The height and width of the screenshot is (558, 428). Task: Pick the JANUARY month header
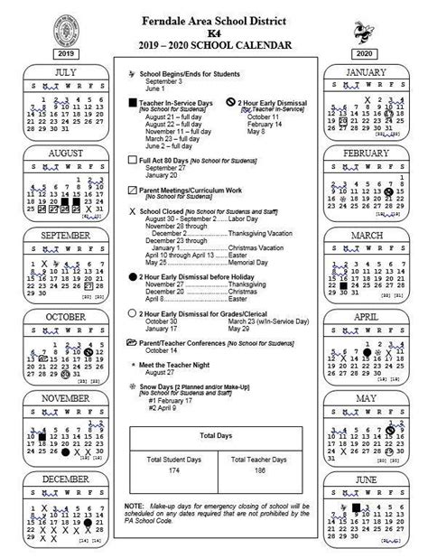[x=366, y=71]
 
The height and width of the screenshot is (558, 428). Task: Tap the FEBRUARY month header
[x=366, y=153]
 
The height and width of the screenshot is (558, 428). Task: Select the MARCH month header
[x=366, y=236]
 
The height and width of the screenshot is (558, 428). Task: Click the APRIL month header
[x=366, y=317]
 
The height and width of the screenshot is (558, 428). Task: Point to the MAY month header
[x=366, y=398]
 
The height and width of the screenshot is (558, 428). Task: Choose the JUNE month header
[x=366, y=479]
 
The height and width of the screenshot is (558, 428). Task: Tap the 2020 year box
[x=364, y=53]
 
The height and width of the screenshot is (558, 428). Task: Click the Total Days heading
[x=213, y=436]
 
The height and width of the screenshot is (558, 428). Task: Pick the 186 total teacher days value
[x=258, y=471]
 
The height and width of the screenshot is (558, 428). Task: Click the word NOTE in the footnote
[x=135, y=507]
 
